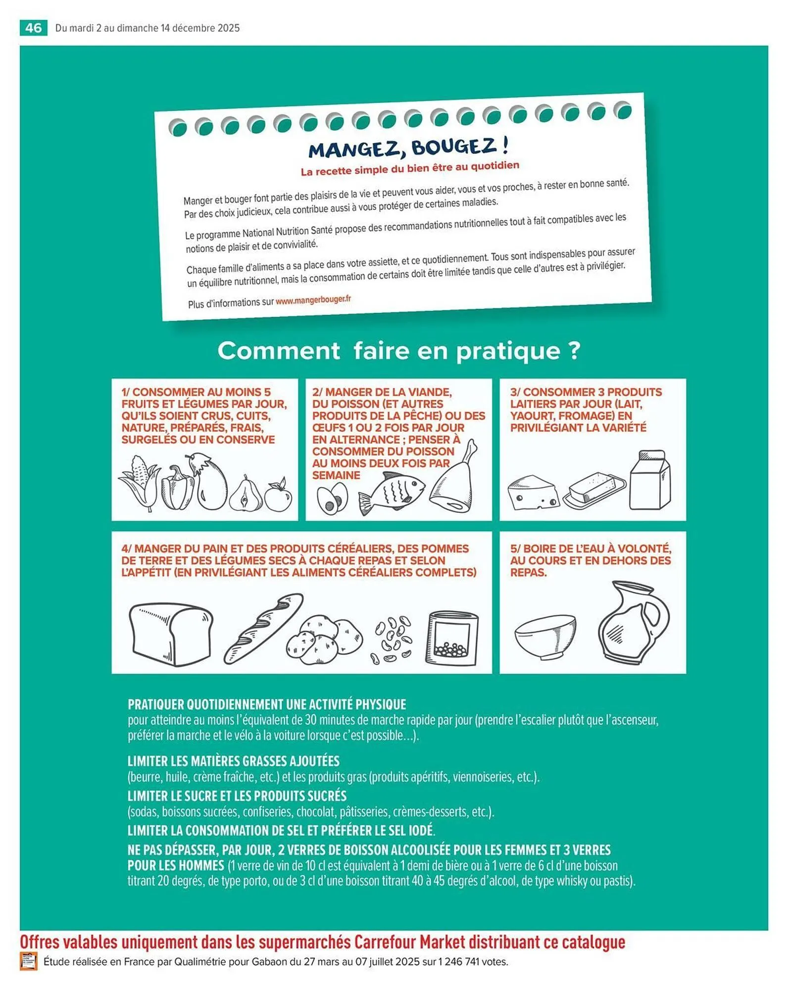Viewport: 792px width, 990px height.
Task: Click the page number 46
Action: tap(33, 28)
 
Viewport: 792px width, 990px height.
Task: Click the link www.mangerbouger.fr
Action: tap(313, 300)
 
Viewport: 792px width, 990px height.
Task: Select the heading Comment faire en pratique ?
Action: tap(398, 351)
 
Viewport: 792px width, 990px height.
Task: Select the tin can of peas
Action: tap(452, 638)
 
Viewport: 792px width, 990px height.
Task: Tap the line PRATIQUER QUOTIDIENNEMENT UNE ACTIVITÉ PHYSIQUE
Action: tap(267, 704)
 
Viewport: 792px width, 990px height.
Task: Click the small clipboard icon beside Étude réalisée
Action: tap(29, 961)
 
